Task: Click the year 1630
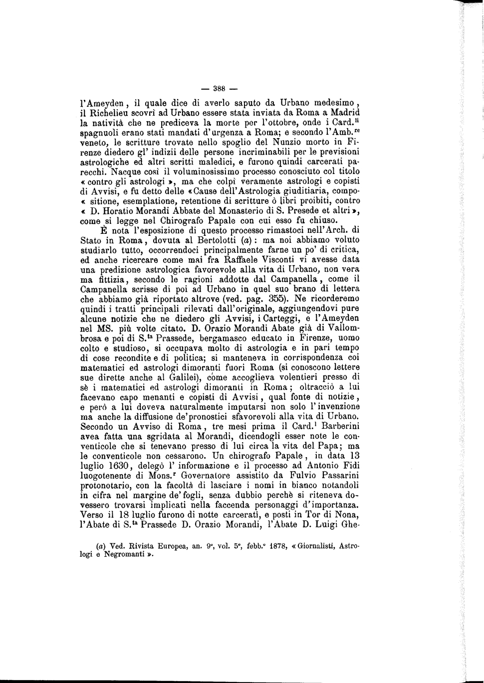point(116,466)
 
